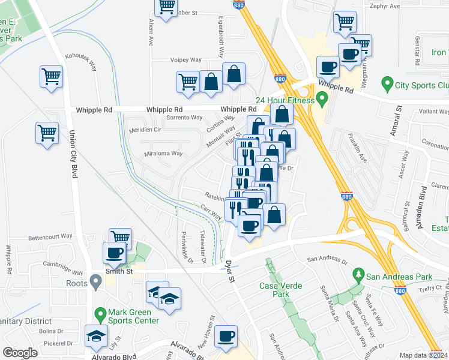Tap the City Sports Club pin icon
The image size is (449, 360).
pos(387,85)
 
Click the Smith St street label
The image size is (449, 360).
pos(119,271)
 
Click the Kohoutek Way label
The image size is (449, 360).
pos(82,61)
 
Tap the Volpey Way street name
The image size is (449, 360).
pos(186,60)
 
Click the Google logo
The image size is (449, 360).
pos(20,352)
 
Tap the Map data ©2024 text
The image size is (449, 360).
pos(423,355)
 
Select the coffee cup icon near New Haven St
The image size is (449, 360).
pos(226,337)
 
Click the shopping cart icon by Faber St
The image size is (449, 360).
pos(166,6)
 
